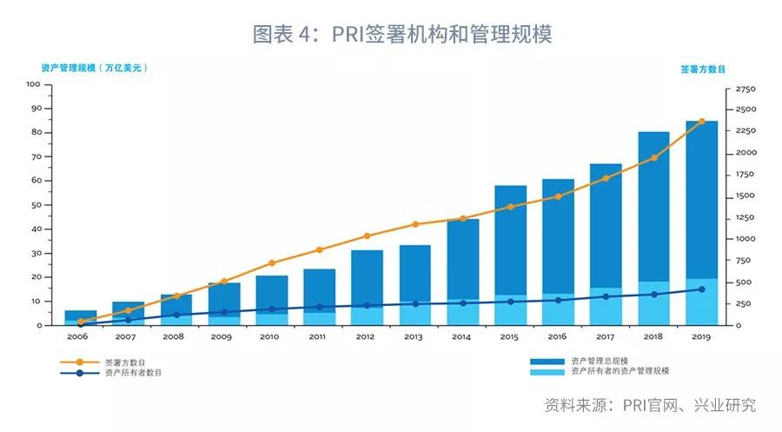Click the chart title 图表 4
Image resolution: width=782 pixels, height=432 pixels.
click(401, 34)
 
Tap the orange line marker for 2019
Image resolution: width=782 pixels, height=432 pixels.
click(701, 122)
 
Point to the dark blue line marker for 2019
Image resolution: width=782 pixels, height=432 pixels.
click(701, 289)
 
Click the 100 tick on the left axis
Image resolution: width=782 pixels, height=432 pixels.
click(33, 84)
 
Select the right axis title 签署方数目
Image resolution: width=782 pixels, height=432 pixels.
click(703, 68)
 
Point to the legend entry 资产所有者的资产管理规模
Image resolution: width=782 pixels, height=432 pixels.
click(620, 371)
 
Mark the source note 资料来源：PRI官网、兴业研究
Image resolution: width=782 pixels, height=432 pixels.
click(650, 405)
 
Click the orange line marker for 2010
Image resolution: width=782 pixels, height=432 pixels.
click(272, 263)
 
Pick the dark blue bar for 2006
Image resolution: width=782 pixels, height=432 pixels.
click(81, 315)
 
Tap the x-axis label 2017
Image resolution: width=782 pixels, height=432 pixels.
click(606, 336)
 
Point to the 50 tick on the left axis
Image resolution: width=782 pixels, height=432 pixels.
click(36, 205)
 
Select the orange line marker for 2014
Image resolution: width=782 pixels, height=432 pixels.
click(462, 218)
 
